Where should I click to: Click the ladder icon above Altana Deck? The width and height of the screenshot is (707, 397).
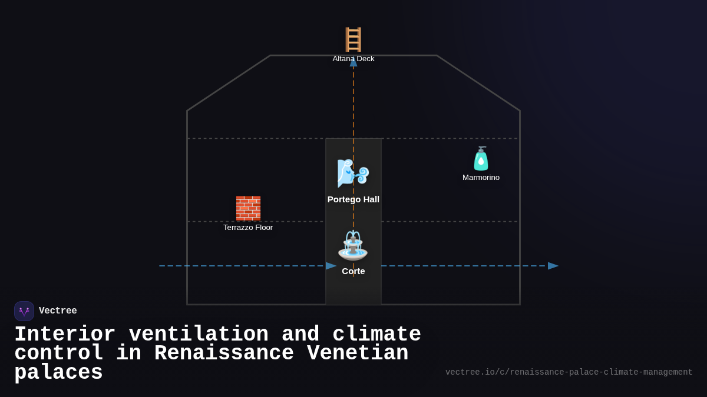point(353,39)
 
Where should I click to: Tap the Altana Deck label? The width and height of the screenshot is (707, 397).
point(353,59)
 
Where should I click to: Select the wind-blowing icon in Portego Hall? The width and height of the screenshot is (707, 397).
point(353,173)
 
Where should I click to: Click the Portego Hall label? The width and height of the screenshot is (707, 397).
point(353,199)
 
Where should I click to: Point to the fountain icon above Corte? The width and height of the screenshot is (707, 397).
point(353,245)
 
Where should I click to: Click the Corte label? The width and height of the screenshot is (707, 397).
point(353,271)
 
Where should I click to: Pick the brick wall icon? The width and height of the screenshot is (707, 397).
point(248,208)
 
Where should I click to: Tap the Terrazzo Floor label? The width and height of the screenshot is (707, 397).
point(248,228)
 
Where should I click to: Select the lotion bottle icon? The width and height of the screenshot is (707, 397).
point(481,158)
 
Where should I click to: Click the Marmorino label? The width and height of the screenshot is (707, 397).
point(481,178)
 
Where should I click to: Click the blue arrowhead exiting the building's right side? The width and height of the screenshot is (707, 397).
point(553,266)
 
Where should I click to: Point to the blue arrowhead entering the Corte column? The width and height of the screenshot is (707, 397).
point(331,266)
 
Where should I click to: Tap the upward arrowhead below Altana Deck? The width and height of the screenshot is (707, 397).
point(353,63)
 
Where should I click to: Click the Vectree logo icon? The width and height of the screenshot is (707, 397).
point(24,311)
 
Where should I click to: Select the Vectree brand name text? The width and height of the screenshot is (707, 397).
point(58,311)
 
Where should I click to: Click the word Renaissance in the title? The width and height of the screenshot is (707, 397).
point(224,353)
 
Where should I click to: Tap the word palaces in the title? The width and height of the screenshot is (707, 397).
point(58,373)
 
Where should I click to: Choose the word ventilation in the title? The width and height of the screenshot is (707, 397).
point(199,335)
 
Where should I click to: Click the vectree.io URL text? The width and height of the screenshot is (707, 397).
point(569,372)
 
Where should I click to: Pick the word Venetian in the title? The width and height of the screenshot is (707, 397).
point(358,353)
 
